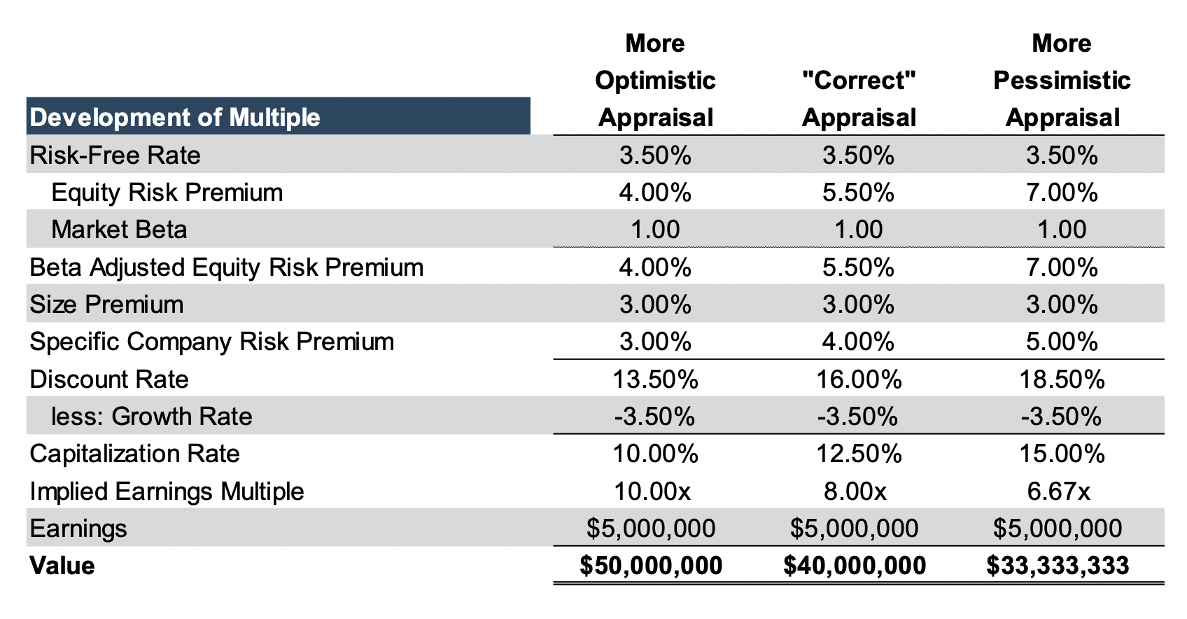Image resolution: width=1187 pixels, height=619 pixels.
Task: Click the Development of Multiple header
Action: pyautogui.click(x=175, y=117)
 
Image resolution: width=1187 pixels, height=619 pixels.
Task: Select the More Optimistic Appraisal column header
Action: pyautogui.click(x=655, y=81)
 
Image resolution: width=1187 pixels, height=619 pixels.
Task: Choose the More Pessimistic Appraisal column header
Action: pyautogui.click(x=1062, y=81)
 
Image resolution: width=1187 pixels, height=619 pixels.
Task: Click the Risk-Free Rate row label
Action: pyautogui.click(x=115, y=155)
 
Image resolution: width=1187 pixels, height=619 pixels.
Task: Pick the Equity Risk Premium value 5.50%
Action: pyautogui.click(x=859, y=193)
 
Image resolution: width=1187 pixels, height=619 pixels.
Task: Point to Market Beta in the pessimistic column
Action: pyautogui.click(x=1062, y=230)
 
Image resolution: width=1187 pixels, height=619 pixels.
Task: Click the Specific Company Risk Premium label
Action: pyautogui.click(x=211, y=342)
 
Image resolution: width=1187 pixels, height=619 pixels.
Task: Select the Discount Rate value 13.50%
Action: pyautogui.click(x=655, y=380)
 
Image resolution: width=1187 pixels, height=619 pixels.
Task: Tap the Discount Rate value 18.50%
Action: pyautogui.click(x=1062, y=380)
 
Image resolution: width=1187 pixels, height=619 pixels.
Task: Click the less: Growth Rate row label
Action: pyautogui.click(x=151, y=417)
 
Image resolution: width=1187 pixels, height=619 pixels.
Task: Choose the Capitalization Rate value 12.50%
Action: pyautogui.click(x=859, y=454)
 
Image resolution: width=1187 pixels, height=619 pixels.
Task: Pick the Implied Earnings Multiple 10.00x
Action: pyautogui.click(x=652, y=492)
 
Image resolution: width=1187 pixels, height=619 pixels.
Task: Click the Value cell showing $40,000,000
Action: pyautogui.click(x=855, y=566)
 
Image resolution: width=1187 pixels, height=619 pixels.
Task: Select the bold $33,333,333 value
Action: pyautogui.click(x=1058, y=566)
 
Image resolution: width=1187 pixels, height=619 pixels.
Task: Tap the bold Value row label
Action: pyautogui.click(x=62, y=566)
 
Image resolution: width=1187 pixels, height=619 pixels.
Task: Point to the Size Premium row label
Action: pyautogui.click(x=106, y=305)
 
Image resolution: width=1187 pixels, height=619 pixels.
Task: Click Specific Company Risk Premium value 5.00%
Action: pyautogui.click(x=1062, y=342)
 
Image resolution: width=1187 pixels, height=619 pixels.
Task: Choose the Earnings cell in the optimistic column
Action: pyautogui.click(x=651, y=529)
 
